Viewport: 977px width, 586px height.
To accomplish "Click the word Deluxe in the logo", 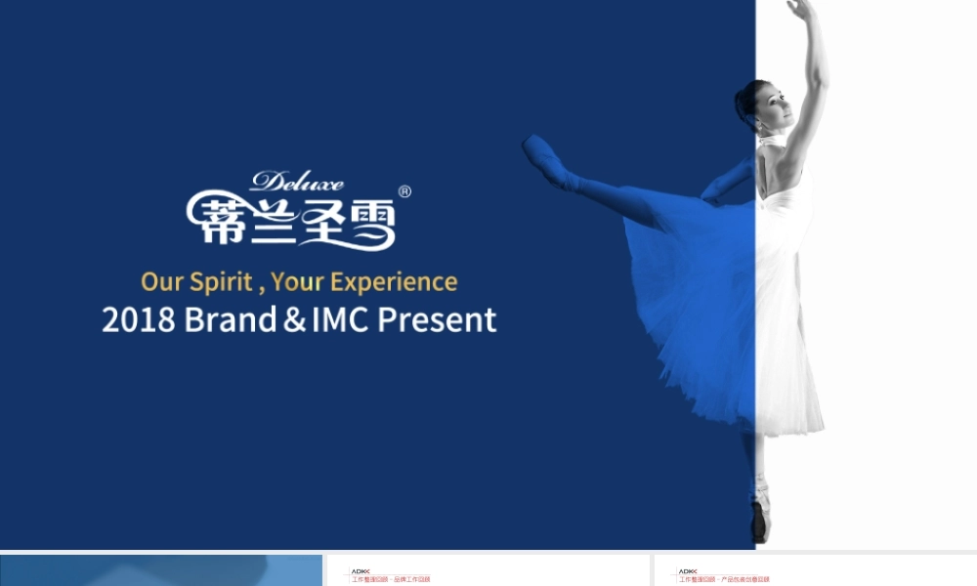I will point(297,182).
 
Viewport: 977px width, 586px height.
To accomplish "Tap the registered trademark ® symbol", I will point(404,191).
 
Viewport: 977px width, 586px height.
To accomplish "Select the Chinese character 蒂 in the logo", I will point(212,220).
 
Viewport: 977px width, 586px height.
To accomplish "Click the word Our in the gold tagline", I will point(162,282).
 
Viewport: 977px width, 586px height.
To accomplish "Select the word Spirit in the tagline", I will point(222,282).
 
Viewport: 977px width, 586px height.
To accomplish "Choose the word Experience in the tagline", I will point(394,282).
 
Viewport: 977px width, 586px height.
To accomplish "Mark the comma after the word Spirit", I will point(261,289).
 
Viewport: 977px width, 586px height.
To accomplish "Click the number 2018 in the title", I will point(138,319).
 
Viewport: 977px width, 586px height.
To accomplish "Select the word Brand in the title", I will point(231,319).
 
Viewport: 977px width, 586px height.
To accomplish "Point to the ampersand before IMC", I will point(294,320).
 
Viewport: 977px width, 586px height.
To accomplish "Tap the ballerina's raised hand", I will point(800,10).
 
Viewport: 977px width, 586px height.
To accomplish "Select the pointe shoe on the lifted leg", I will point(542,156).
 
